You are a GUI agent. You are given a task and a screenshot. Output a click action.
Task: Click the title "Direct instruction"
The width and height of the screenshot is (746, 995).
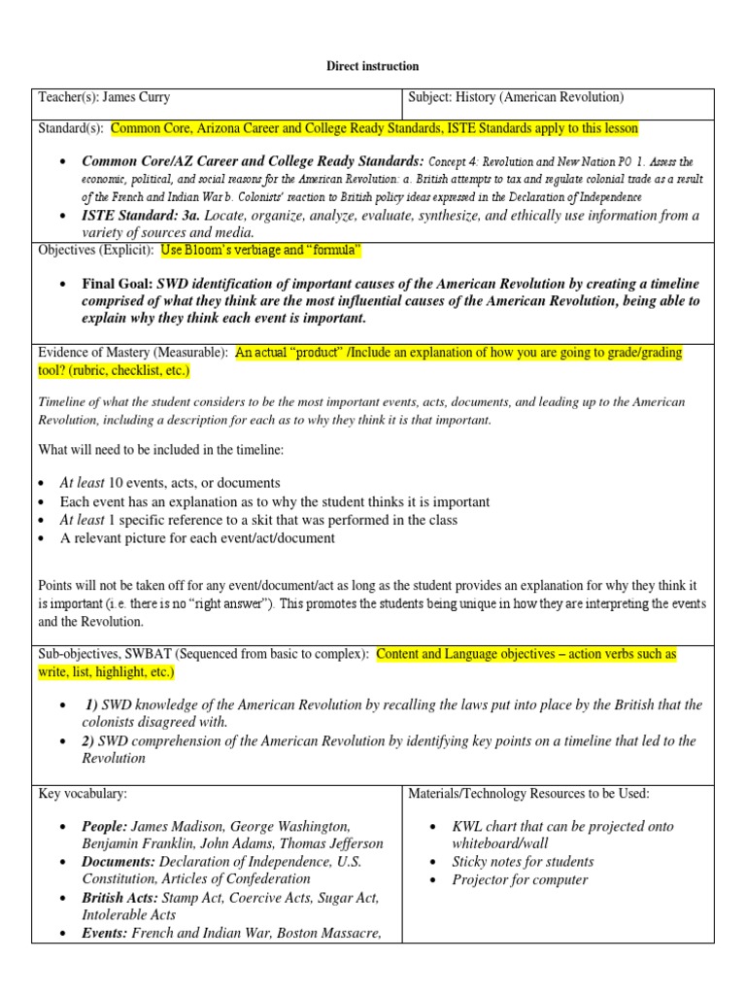[x=372, y=66]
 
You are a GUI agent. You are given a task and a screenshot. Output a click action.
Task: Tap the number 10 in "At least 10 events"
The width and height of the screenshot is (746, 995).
[x=116, y=483]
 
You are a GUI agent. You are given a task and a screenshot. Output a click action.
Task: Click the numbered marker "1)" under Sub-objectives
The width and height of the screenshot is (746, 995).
[x=91, y=704]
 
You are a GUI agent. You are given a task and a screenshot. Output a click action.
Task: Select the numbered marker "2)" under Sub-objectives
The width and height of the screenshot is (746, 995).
[x=90, y=740]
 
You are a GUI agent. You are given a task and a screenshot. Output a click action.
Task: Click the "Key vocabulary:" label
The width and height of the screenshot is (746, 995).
[x=83, y=793]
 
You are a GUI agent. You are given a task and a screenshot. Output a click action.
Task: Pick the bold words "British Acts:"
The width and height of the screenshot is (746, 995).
[x=121, y=898]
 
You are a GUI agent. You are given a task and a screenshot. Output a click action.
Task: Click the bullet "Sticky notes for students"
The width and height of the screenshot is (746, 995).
[x=523, y=862]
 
